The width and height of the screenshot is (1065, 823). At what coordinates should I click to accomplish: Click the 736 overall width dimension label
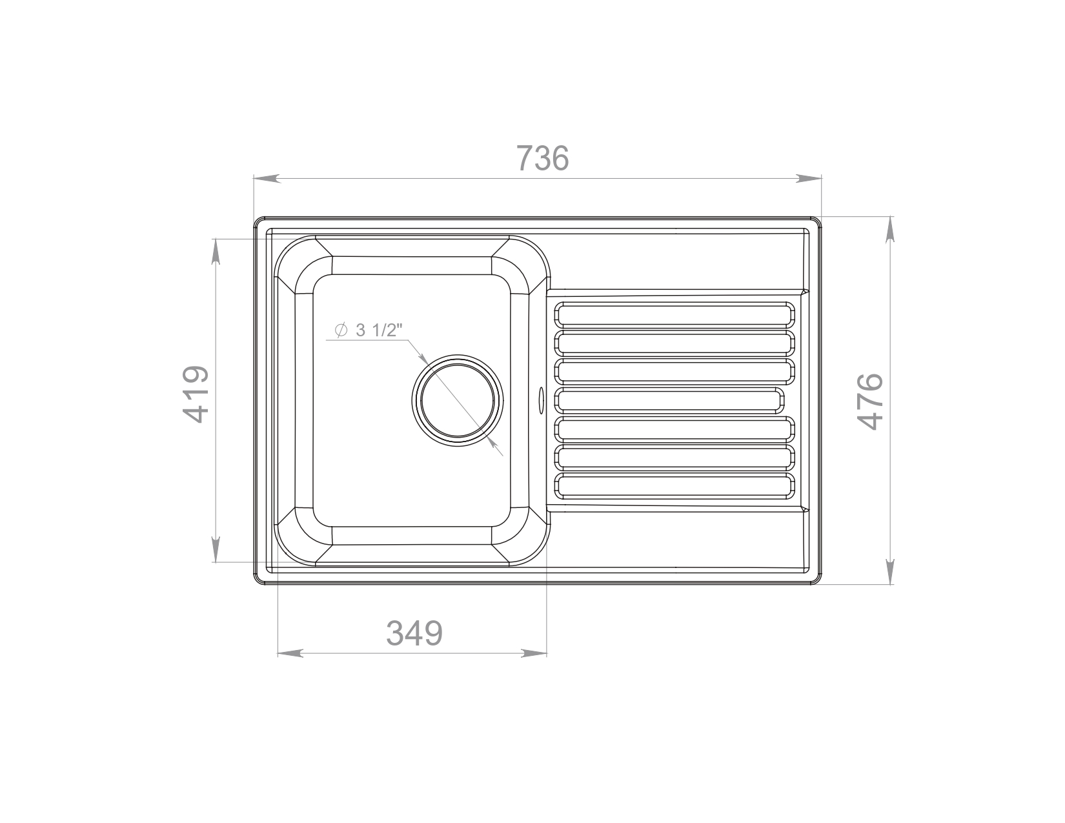pyautogui.click(x=543, y=158)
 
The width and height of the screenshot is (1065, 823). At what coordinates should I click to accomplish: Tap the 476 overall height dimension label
pyautogui.click(x=870, y=401)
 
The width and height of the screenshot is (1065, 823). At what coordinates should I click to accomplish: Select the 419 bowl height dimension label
pyautogui.click(x=196, y=394)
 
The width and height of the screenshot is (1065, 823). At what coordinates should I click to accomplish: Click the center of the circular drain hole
pyautogui.click(x=457, y=400)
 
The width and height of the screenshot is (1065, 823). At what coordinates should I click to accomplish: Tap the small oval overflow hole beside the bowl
pyautogui.click(x=541, y=400)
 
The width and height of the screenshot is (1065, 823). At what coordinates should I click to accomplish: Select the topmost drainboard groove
pyautogui.click(x=674, y=314)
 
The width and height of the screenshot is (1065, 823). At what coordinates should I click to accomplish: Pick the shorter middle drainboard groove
pyautogui.click(x=669, y=400)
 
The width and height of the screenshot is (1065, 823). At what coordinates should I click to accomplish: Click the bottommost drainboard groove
pyautogui.click(x=674, y=486)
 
